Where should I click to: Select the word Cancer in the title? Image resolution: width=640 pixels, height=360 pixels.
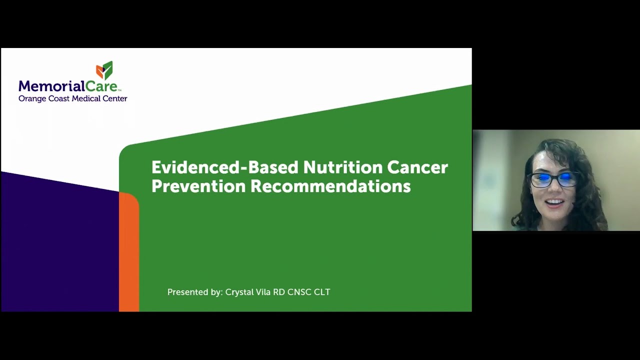418,167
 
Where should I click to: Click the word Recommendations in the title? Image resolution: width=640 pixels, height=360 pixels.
330,186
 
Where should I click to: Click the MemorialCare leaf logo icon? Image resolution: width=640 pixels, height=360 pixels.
104,70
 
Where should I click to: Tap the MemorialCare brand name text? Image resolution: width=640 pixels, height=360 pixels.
68,86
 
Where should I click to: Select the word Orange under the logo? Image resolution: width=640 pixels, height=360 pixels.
32,99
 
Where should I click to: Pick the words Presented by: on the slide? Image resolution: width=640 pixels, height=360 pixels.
194,292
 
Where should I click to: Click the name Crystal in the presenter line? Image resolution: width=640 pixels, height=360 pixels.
240,292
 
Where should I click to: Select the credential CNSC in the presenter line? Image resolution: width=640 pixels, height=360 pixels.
299,292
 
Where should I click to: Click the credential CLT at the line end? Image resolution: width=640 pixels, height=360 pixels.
322,292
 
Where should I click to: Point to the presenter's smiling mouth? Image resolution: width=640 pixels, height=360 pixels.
554,203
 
